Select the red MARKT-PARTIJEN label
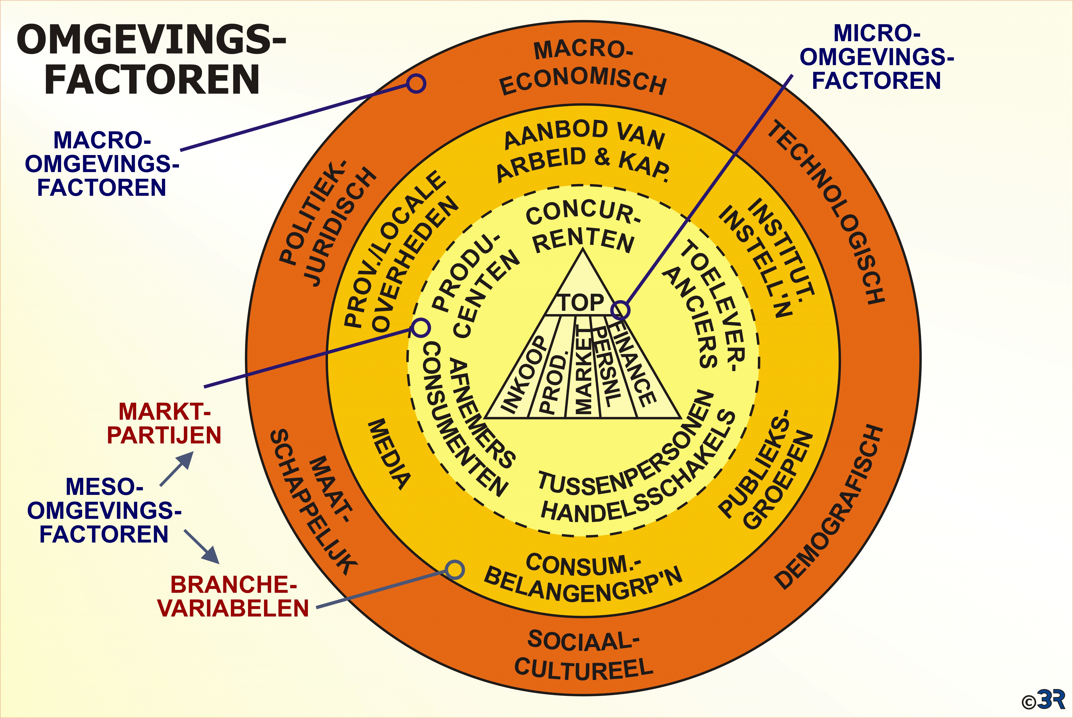pyautogui.click(x=164, y=424)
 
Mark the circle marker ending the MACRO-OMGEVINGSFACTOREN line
pyautogui.click(x=416, y=84)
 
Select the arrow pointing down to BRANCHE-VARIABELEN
pyautogui.click(x=202, y=547)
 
